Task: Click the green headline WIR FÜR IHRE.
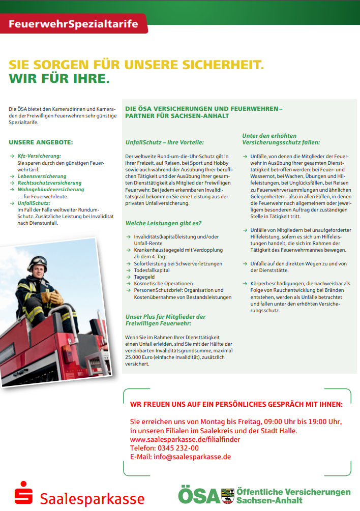(x=59, y=79)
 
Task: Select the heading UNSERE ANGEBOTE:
(x=41, y=142)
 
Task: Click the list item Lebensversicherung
(x=42, y=176)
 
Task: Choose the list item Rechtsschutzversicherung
(x=49, y=183)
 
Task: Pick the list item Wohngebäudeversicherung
(x=51, y=189)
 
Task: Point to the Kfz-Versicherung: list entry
(x=39, y=156)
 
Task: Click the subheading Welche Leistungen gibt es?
(x=163, y=223)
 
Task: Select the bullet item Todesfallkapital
(x=152, y=270)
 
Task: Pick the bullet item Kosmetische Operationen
(x=163, y=284)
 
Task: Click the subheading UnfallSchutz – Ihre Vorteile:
(x=164, y=142)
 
